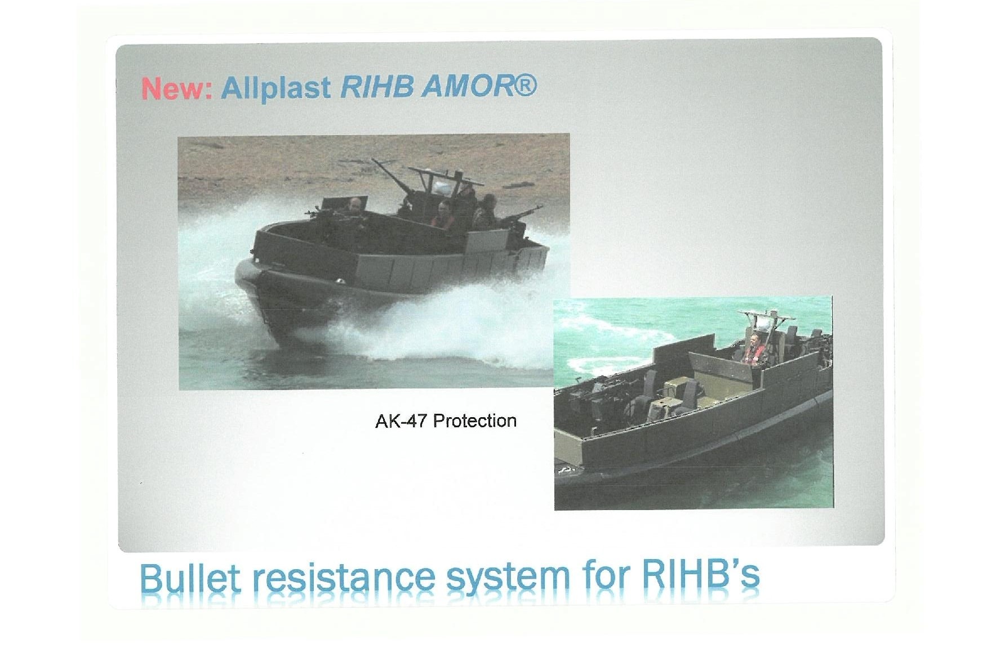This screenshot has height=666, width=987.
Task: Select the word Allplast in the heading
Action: point(276,88)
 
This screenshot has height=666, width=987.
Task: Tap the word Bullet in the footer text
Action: point(190,578)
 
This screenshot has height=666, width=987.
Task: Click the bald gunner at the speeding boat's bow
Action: point(354,209)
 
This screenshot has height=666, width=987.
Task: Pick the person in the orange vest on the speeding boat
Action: point(444,216)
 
